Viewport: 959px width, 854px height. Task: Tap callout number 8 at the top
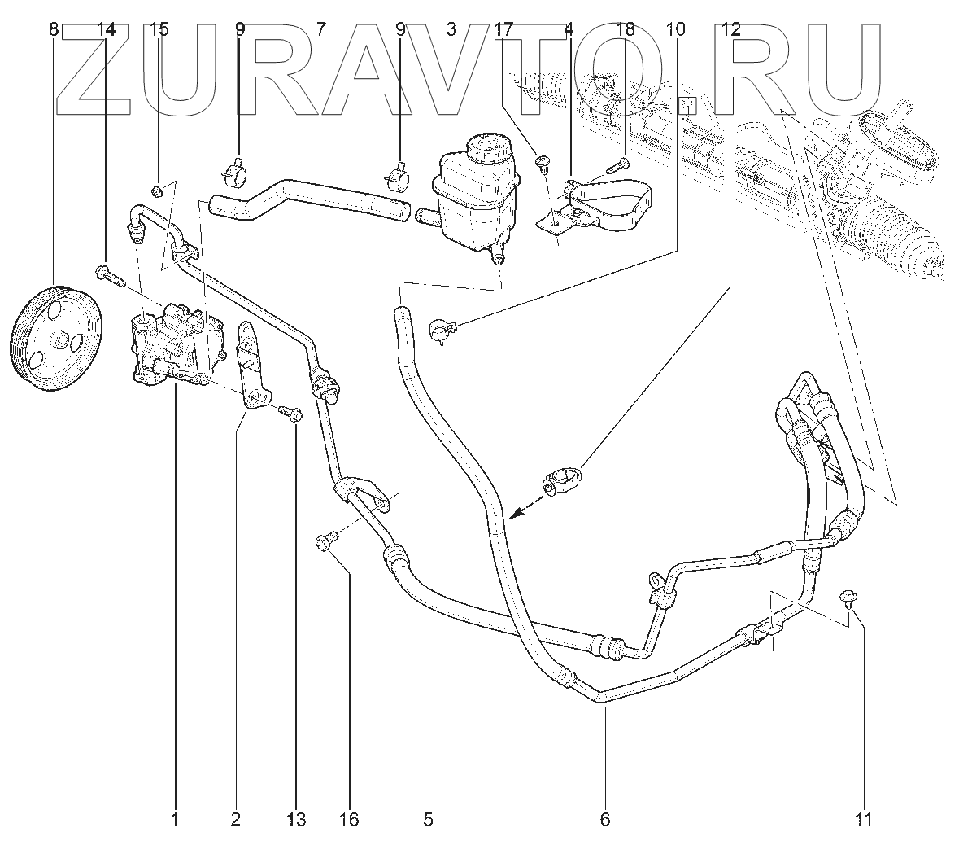54,30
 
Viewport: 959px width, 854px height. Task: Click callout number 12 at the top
730,30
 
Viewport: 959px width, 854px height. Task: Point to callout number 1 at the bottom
174,819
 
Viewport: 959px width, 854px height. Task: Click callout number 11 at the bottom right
864,819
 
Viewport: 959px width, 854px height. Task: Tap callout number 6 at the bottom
604,819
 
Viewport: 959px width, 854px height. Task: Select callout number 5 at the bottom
429,819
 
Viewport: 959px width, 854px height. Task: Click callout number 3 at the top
451,30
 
